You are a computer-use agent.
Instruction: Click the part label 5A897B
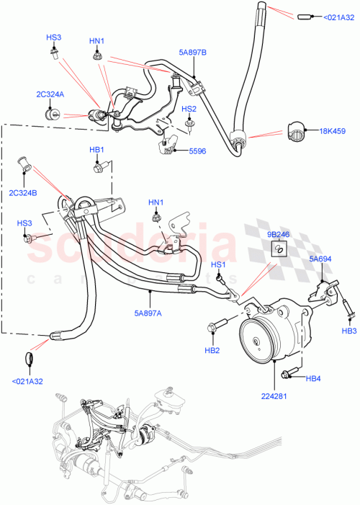click(192, 53)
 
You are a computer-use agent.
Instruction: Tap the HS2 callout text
click(189, 109)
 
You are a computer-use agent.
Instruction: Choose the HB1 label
click(97, 150)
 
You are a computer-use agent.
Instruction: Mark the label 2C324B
click(23, 194)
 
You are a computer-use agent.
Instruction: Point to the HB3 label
click(349, 331)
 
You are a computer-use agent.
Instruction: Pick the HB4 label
click(313, 379)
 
